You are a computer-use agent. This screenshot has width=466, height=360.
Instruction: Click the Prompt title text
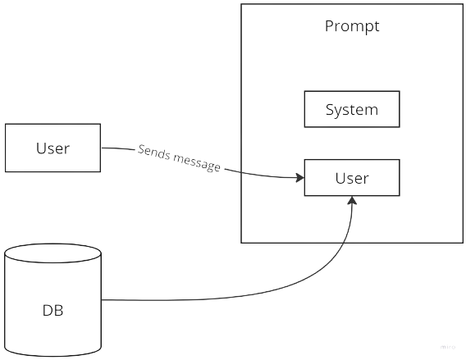tap(352, 26)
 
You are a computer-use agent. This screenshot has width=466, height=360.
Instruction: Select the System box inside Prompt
tap(352, 109)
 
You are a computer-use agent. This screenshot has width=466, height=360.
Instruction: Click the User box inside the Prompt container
tap(352, 178)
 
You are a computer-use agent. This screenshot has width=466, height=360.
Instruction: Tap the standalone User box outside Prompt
tap(53, 148)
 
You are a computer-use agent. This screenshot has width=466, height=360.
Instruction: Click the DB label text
tap(53, 311)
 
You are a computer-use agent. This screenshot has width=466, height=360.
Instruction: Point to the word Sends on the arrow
tap(154, 153)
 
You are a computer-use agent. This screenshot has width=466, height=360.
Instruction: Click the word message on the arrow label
tap(197, 162)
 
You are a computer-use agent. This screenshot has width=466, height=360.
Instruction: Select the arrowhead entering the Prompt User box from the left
tap(300, 178)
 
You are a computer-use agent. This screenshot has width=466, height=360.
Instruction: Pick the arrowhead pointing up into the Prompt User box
tap(352, 200)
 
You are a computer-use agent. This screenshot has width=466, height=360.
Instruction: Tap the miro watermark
tap(448, 347)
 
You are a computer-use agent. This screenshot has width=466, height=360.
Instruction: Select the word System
tap(352, 110)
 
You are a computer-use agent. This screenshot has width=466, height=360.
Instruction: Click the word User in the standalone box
tap(53, 148)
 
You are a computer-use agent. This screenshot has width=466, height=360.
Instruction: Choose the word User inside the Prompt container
tap(352, 178)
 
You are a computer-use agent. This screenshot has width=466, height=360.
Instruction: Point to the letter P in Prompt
tap(329, 26)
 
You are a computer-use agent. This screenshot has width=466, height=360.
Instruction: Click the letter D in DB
tap(48, 311)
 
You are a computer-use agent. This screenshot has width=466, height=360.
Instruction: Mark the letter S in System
tap(330, 109)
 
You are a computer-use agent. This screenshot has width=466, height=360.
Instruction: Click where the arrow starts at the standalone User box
tap(102, 148)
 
